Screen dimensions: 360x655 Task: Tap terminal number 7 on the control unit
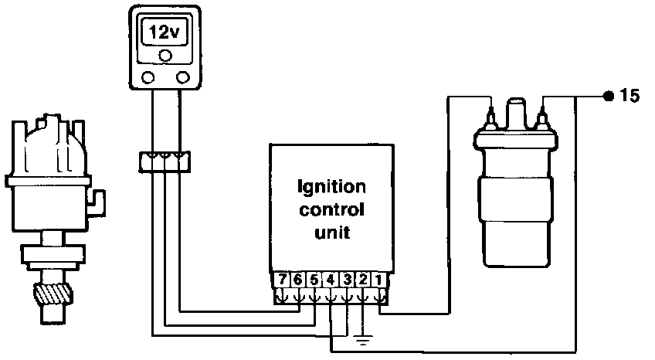point(283,280)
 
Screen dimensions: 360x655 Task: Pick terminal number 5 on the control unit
point(315,280)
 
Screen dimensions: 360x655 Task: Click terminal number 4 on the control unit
point(331,280)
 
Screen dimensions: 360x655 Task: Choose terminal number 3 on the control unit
point(348,280)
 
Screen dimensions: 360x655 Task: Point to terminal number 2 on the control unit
point(363,280)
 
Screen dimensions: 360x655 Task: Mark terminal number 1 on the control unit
point(378,280)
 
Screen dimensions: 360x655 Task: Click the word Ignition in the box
point(332,188)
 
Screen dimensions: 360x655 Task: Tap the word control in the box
point(332,209)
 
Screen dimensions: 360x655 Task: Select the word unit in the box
point(332,231)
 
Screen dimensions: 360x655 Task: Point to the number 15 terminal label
point(630,97)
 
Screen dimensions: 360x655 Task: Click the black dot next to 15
point(608,97)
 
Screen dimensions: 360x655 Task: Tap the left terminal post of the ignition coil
point(490,117)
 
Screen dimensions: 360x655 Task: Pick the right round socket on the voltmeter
point(183,77)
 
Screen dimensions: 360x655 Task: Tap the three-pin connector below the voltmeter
point(165,160)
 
